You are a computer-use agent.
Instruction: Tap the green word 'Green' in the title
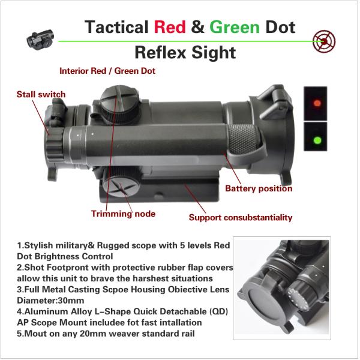(x=235, y=27)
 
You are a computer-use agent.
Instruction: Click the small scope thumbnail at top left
(x=38, y=40)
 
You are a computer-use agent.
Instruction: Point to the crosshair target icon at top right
(x=325, y=41)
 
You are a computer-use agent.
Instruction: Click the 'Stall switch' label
(x=41, y=94)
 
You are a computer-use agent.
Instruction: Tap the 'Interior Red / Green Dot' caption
(x=107, y=70)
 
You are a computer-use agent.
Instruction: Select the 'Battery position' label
(x=259, y=188)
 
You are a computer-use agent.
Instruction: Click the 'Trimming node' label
(x=123, y=214)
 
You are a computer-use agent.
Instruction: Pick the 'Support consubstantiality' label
(x=241, y=217)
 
